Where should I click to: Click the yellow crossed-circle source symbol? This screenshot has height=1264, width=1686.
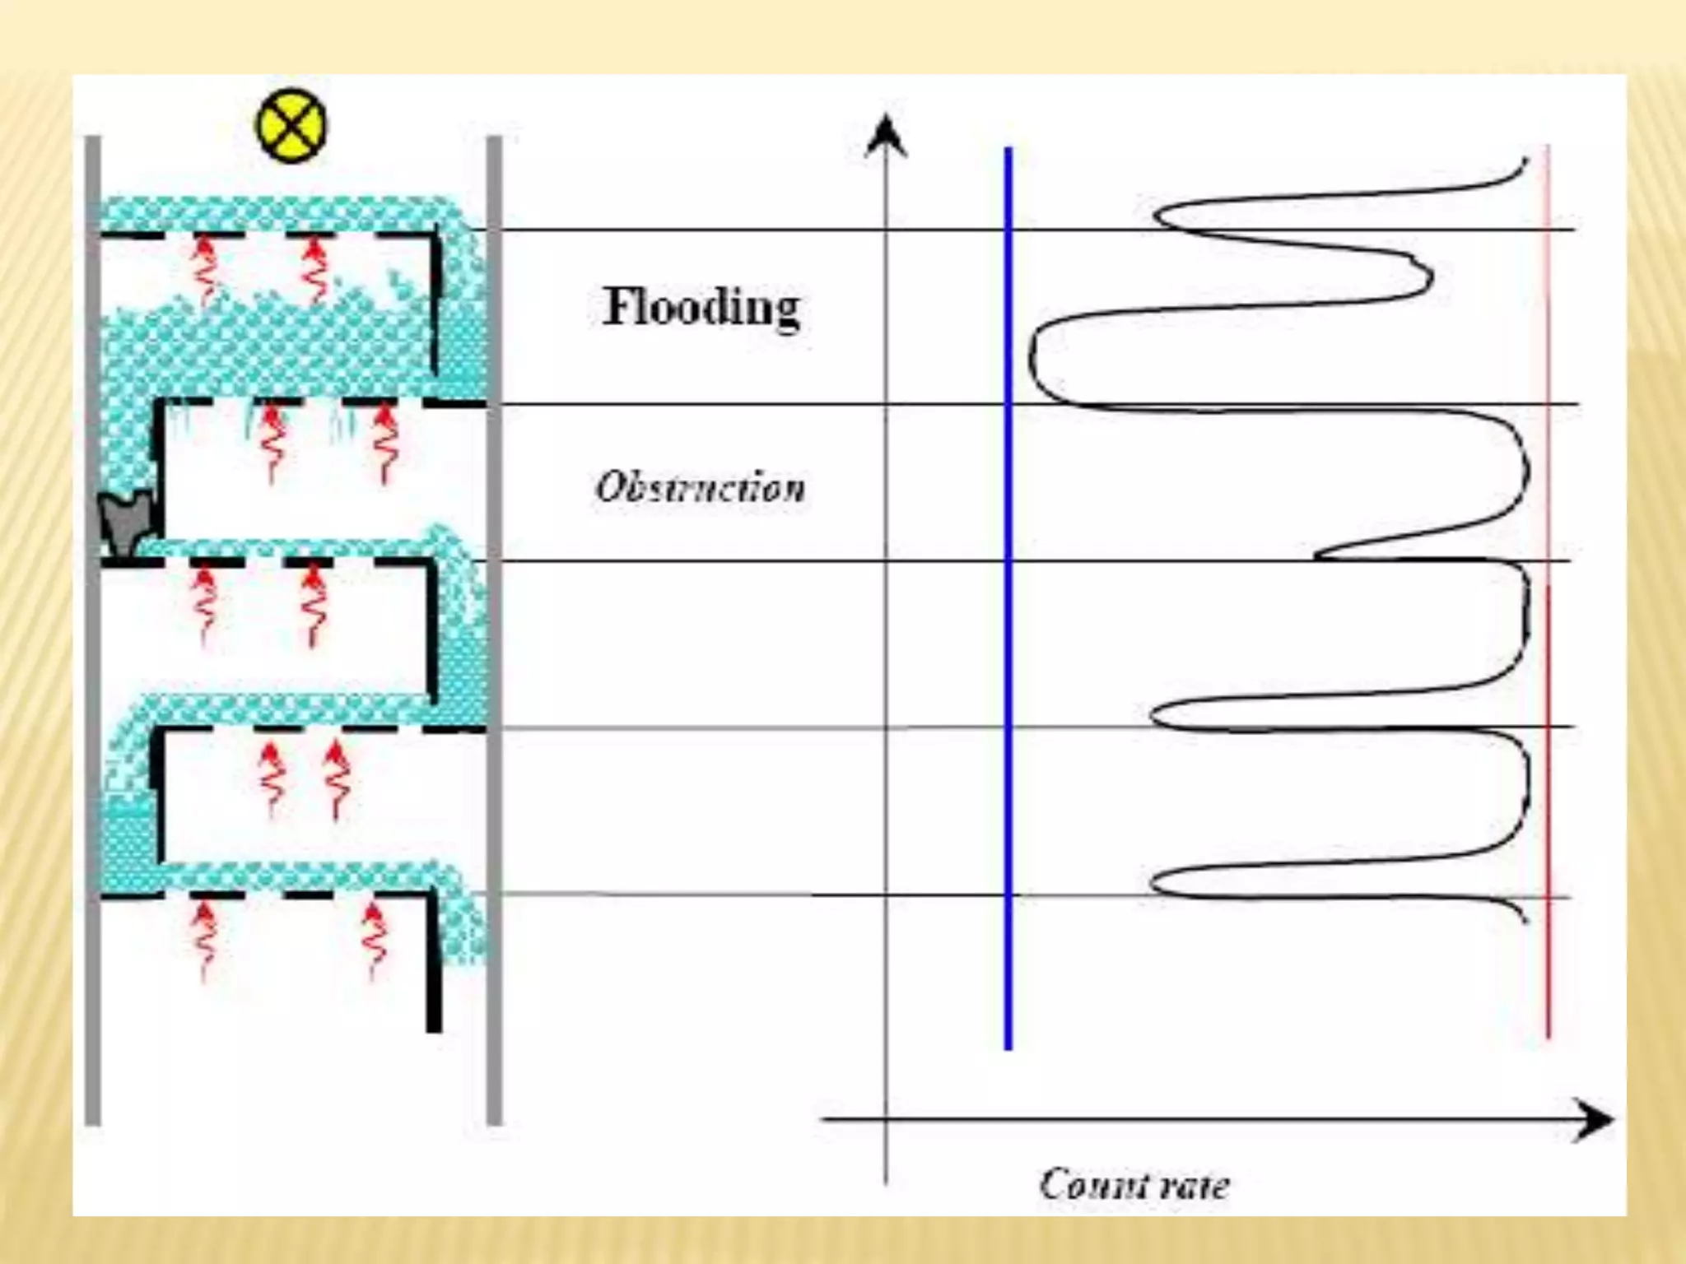point(291,126)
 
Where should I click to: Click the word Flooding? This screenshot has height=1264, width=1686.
point(701,308)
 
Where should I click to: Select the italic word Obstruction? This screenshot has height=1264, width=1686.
point(700,487)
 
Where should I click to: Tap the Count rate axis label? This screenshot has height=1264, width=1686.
point(1134,1185)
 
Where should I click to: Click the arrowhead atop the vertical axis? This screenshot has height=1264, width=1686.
point(886,136)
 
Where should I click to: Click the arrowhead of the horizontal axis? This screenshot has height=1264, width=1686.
point(1594,1120)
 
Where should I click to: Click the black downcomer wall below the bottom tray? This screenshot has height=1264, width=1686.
point(434,963)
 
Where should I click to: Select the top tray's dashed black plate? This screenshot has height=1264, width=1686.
point(272,236)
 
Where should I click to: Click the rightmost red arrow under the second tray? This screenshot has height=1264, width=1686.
point(384,444)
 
